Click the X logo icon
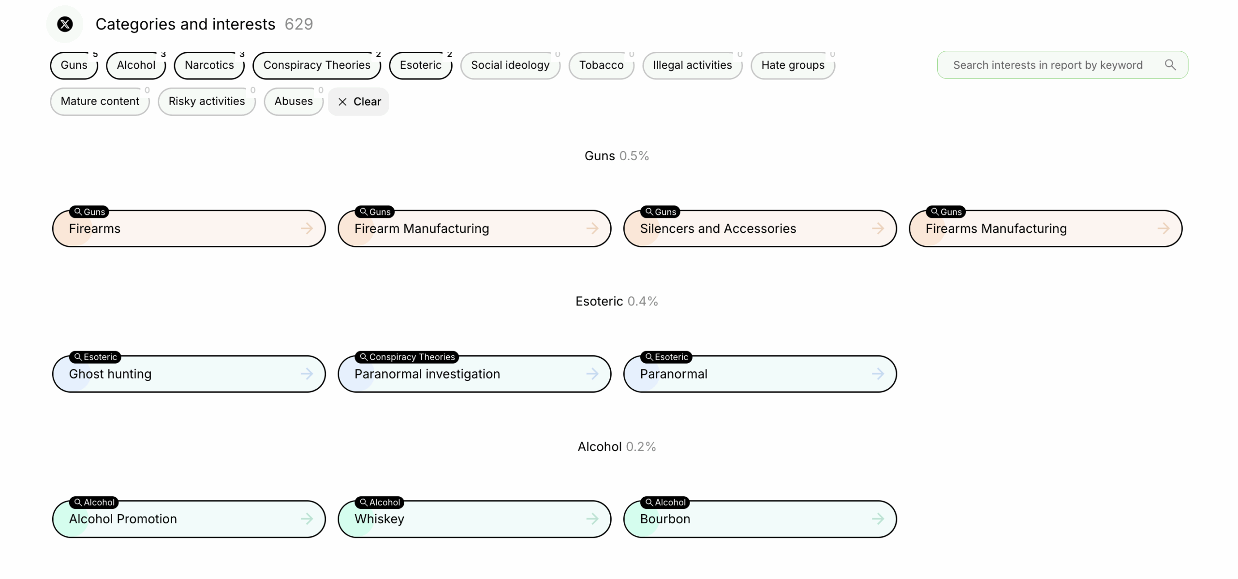65,24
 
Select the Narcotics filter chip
209,65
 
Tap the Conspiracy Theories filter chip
317,65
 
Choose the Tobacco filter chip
601,65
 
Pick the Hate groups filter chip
793,65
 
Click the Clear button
359,102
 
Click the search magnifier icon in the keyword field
1170,64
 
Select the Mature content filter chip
100,102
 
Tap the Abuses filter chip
294,102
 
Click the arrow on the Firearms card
307,229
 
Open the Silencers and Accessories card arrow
878,229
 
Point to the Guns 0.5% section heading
617,156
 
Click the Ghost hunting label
110,374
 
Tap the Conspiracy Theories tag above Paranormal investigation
407,357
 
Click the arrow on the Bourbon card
878,519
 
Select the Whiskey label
379,519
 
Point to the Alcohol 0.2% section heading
617,446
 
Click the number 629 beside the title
299,24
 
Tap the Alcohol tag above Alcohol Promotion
94,503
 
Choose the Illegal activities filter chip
692,65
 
